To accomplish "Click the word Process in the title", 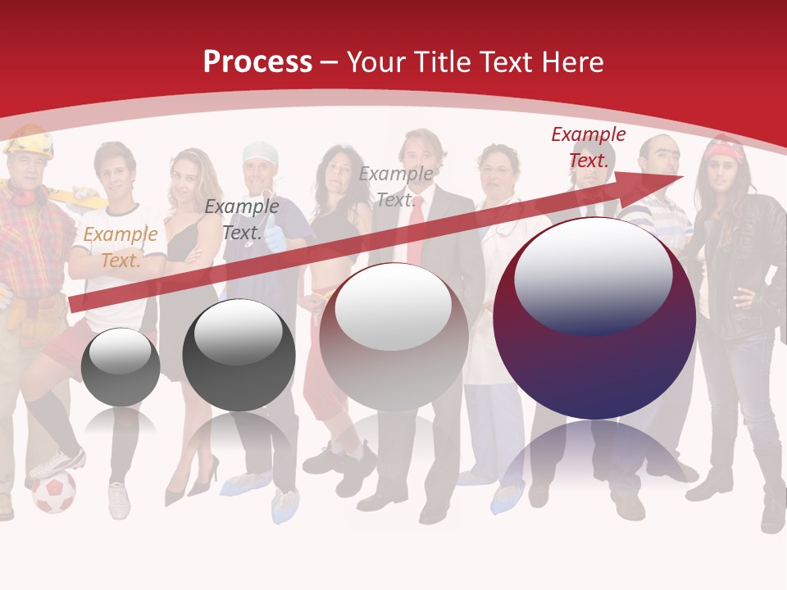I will click(257, 61).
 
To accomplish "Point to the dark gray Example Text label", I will click(241, 220).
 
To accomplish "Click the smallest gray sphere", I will click(121, 366).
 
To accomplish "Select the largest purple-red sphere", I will click(594, 318).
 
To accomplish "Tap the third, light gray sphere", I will click(393, 337).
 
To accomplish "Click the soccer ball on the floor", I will click(54, 492).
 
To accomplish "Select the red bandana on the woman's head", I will click(726, 151).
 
